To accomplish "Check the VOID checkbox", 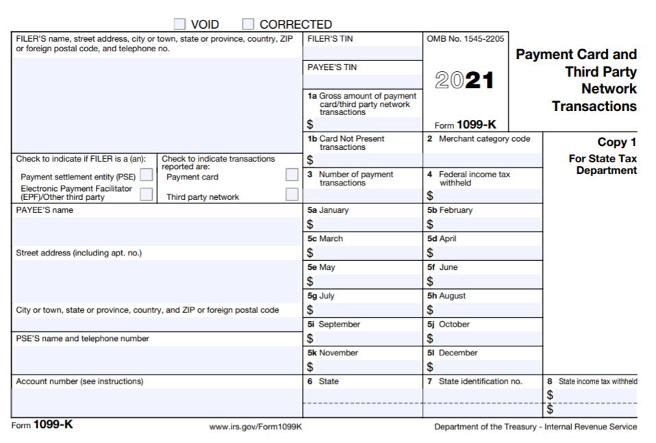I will (x=180, y=25).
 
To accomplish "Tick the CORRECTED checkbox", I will (x=249, y=25).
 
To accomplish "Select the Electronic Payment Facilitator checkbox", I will (x=146, y=194).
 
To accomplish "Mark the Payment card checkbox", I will (x=292, y=175).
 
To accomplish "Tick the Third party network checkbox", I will (x=292, y=194).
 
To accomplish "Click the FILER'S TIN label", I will (x=330, y=39).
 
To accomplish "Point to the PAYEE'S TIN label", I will (x=332, y=67).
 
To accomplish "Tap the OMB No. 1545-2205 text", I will (x=465, y=39).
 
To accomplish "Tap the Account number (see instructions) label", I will (x=79, y=381).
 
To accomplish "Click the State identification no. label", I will (x=479, y=381).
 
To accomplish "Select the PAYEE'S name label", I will (x=45, y=210).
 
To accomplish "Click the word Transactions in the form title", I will (x=594, y=106).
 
